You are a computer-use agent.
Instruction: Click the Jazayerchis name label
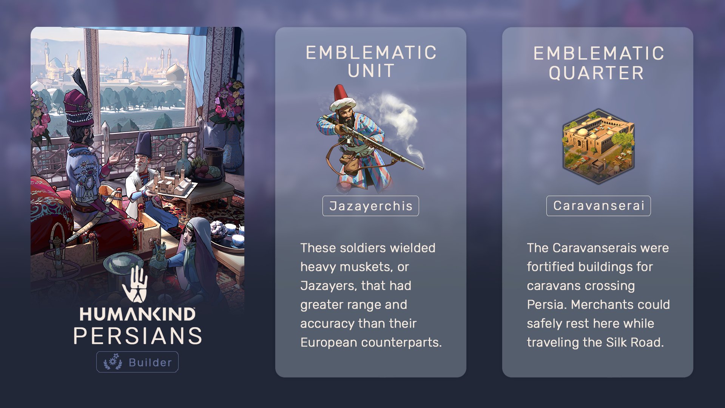pos(370,206)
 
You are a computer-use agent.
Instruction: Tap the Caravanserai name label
pos(599,206)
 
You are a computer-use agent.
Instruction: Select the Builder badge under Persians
pos(137,362)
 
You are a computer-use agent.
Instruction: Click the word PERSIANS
pos(138,336)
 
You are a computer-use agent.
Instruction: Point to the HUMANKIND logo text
pos(137,314)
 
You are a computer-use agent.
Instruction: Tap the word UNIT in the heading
pos(371,71)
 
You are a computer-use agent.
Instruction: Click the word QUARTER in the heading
pos(597,73)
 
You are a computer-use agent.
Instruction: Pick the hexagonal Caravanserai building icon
pos(599,146)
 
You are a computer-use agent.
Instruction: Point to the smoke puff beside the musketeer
pos(396,117)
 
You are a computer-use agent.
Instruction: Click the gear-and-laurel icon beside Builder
pos(113,362)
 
